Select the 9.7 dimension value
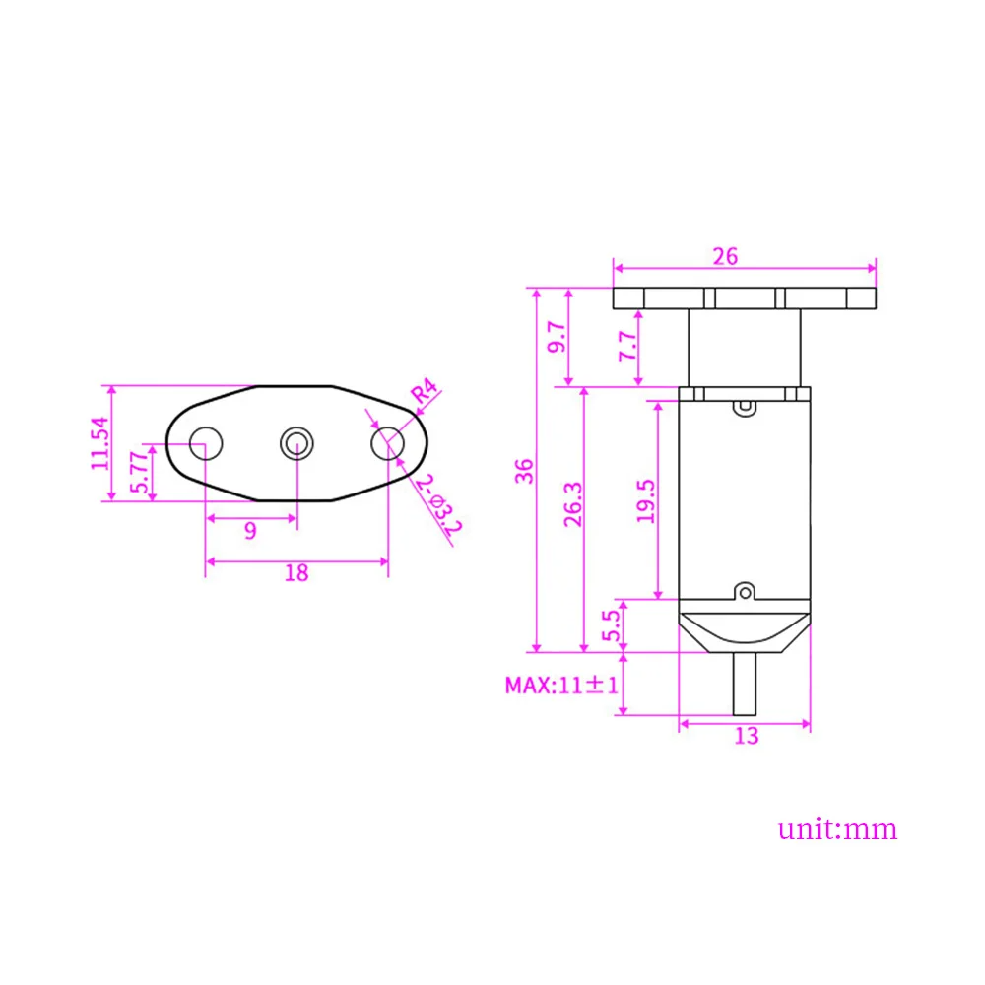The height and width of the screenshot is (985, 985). [558, 337]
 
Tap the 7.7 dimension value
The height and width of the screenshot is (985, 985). [625, 348]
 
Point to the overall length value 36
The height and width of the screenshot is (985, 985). [524, 470]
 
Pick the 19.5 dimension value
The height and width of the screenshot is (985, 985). [645, 499]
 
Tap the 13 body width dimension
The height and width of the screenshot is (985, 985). [747, 735]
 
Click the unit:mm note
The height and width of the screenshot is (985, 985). [838, 828]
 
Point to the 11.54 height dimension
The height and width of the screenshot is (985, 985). [99, 443]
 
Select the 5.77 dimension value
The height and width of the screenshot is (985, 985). [140, 472]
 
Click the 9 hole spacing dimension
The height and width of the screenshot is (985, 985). [250, 531]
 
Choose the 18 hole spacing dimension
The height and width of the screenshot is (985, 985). [295, 572]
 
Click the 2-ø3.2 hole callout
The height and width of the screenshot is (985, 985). [438, 504]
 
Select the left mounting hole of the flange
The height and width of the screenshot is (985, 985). [205, 443]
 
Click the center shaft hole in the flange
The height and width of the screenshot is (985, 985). [295, 443]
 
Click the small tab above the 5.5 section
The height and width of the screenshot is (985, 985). [746, 591]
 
